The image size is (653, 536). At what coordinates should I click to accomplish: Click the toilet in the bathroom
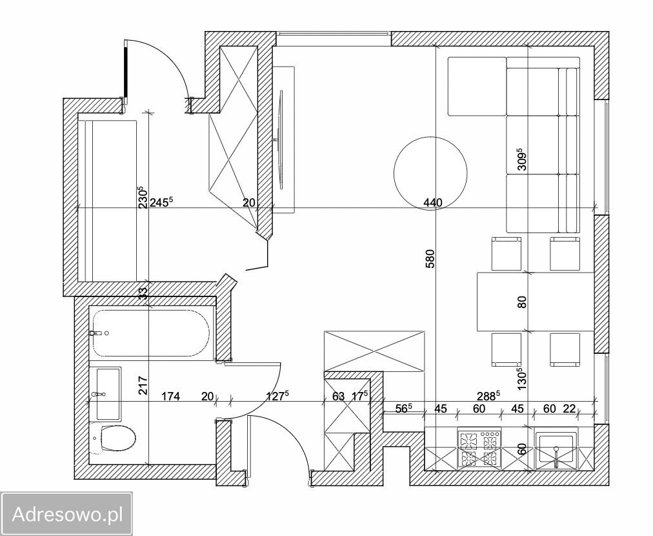pyautogui.click(x=114, y=438)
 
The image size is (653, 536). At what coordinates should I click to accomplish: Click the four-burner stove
pyautogui.click(x=479, y=449)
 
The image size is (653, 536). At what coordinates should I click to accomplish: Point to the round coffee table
pyautogui.click(x=430, y=173)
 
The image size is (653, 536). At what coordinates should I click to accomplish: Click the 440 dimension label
pyautogui.click(x=433, y=203)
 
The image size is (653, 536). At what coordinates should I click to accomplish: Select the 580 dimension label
pyautogui.click(x=430, y=258)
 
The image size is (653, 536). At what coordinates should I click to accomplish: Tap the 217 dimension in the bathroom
pyautogui.click(x=143, y=386)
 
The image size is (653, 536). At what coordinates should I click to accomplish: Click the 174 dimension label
pyautogui.click(x=171, y=397)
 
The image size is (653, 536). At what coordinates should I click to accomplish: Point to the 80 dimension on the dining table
pyautogui.click(x=522, y=302)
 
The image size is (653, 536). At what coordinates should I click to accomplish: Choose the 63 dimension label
pyautogui.click(x=339, y=397)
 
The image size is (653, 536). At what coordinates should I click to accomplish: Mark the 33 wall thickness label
pyautogui.click(x=143, y=293)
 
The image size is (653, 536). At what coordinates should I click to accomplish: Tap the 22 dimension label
pyautogui.click(x=569, y=409)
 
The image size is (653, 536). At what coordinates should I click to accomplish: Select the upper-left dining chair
pyautogui.click(x=507, y=254)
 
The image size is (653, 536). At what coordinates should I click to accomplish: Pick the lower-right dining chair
pyautogui.click(x=565, y=350)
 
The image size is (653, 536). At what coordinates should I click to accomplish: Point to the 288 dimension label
pyautogui.click(x=488, y=396)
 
